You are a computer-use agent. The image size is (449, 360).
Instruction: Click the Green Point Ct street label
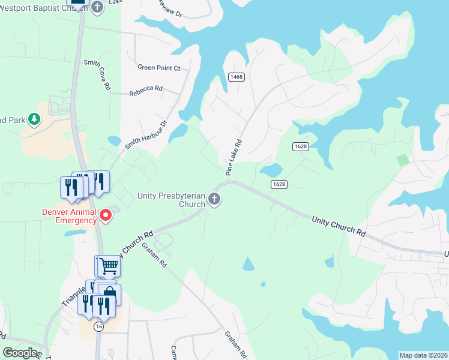(158, 68)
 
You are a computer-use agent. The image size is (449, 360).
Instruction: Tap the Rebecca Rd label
(146, 88)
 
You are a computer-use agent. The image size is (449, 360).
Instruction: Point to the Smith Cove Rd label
(98, 74)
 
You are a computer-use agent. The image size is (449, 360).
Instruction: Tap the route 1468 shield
(236, 77)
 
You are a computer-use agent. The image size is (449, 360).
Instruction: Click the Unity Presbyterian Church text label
(171, 199)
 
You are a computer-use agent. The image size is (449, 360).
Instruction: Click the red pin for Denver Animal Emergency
(106, 215)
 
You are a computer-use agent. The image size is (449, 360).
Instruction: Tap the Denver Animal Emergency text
(69, 215)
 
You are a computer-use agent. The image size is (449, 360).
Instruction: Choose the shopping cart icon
(109, 265)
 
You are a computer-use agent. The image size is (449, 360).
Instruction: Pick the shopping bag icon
(109, 293)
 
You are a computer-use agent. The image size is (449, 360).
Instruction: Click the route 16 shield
(98, 326)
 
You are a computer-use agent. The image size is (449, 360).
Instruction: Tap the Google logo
(20, 352)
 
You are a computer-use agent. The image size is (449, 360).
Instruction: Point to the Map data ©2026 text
(423, 355)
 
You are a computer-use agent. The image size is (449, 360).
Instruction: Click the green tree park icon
(35, 119)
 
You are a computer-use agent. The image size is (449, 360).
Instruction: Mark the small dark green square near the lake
(402, 160)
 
